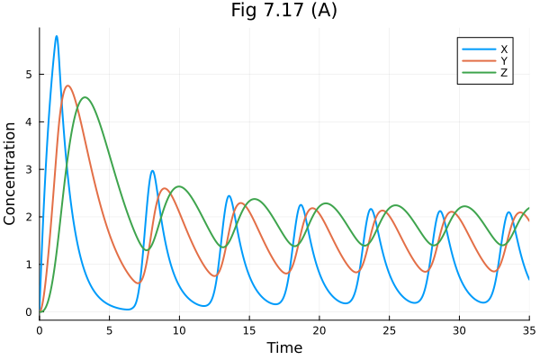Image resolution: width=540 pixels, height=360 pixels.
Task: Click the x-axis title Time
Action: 283,347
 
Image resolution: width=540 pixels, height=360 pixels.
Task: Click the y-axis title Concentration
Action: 11,174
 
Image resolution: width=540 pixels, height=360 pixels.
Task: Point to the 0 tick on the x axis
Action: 40,330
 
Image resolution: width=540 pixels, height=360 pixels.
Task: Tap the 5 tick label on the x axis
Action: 109,330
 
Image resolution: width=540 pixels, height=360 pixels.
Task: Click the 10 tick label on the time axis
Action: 179,330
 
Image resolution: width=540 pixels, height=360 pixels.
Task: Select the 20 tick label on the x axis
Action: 319,330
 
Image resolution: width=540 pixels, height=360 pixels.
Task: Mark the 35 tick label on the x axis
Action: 528,330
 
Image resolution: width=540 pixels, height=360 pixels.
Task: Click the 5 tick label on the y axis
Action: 29,75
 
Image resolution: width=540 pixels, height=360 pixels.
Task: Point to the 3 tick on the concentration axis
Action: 29,169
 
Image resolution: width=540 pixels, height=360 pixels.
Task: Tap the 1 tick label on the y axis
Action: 29,265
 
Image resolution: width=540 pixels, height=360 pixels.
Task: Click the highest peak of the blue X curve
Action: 57,36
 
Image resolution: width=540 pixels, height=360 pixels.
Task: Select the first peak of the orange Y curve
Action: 67,85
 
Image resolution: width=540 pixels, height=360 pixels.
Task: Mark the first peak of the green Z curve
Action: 85,97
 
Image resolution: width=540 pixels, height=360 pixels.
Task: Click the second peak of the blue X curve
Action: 153,171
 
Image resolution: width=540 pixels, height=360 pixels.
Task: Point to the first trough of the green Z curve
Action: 148,250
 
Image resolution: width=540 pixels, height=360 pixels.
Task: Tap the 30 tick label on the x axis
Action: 459,330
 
